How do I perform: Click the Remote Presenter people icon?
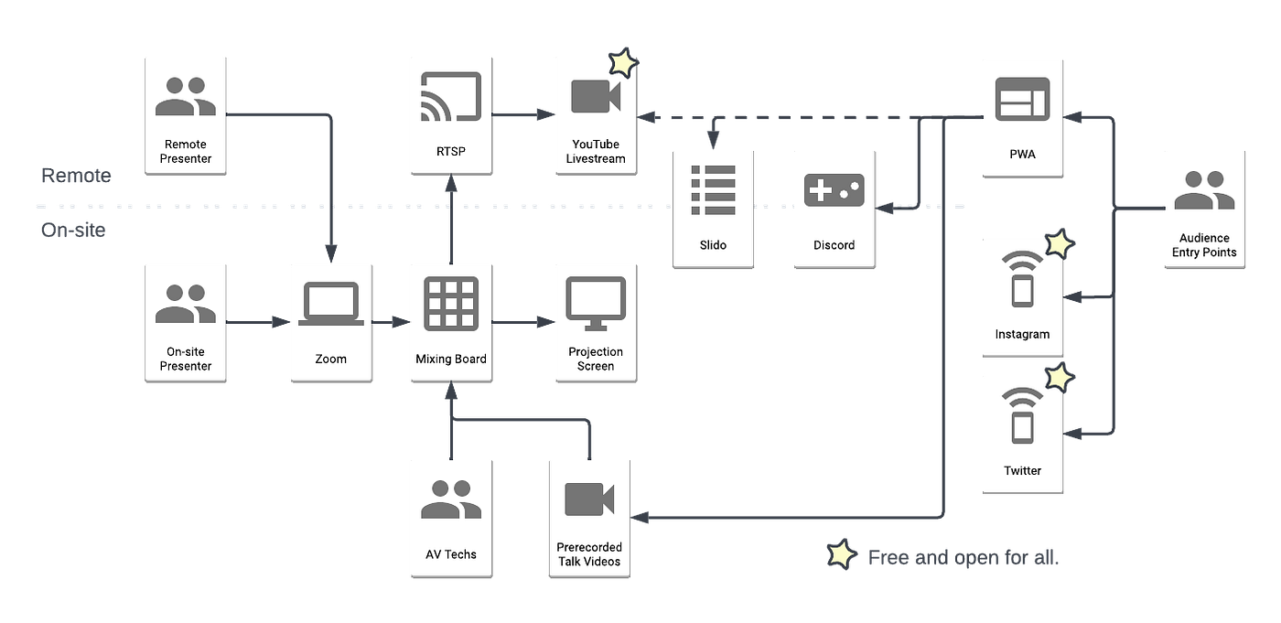[x=186, y=96]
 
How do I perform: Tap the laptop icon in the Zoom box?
[x=330, y=304]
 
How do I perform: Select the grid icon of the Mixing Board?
[x=449, y=304]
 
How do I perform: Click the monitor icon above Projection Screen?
[x=596, y=303]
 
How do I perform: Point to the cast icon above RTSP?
[x=449, y=96]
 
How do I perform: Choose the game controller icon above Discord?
[x=833, y=190]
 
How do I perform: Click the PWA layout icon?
[x=1022, y=98]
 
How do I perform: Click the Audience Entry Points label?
[x=1203, y=245]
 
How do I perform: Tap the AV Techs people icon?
[x=450, y=500]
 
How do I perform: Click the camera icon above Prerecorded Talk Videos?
[x=590, y=499]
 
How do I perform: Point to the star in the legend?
[x=841, y=554]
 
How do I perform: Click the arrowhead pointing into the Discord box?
[x=882, y=209]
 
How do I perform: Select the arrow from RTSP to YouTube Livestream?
[x=522, y=114]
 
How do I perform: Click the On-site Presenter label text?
[x=186, y=359]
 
